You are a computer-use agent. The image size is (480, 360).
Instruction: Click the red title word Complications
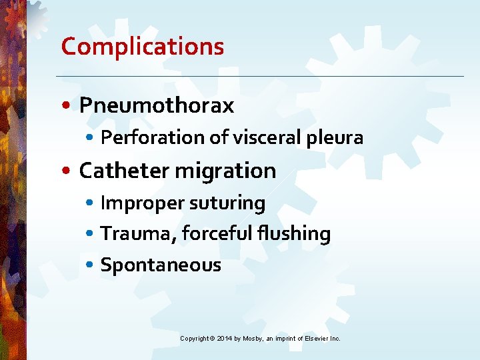[142, 47]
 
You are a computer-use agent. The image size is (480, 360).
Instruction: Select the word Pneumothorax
[157, 105]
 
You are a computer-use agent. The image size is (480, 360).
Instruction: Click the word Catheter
[124, 171]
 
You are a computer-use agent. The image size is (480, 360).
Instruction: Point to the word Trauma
[137, 233]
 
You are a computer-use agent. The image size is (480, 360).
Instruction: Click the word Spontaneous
[160, 265]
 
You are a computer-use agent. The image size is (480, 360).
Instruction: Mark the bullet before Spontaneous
[91, 266]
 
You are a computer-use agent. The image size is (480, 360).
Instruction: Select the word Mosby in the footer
[253, 339]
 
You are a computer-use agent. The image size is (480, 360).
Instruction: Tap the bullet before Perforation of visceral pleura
[91, 139]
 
